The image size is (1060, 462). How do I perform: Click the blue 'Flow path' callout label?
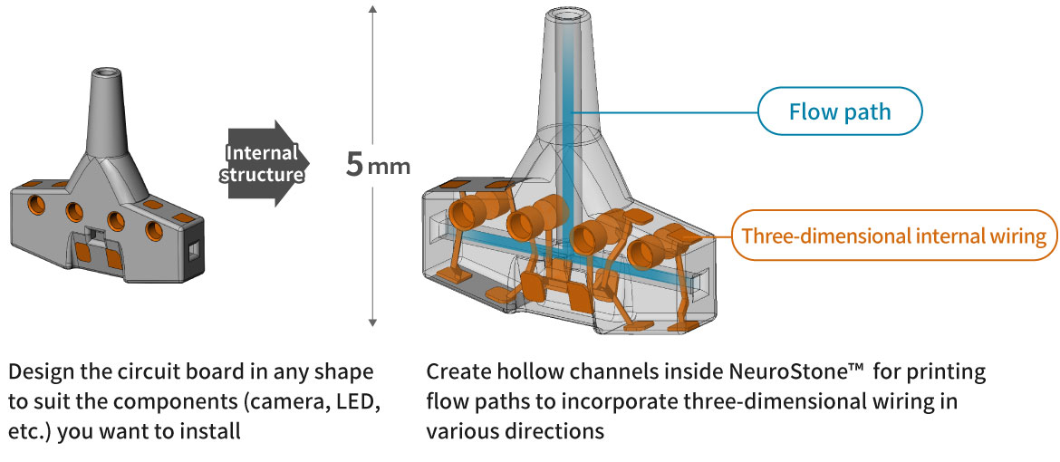(x=840, y=112)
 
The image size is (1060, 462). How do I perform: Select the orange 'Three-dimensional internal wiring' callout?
(x=893, y=236)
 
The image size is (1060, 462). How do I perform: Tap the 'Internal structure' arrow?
(x=263, y=163)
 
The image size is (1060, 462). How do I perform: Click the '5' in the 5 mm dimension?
(x=355, y=164)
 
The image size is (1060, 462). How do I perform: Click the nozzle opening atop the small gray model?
(x=106, y=72)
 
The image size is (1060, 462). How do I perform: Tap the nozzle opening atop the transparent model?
(x=567, y=16)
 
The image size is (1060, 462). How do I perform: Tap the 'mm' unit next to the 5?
(x=390, y=167)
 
